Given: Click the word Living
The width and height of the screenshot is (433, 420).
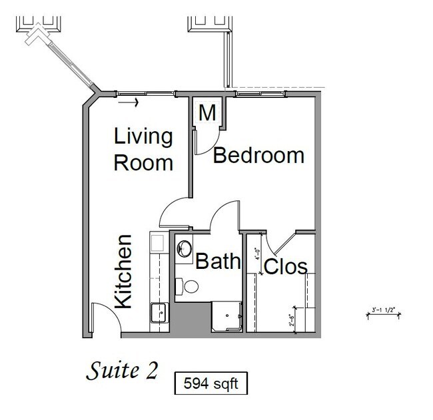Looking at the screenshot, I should click(x=143, y=138).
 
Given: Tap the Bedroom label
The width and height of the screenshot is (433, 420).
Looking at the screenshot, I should click(x=258, y=156).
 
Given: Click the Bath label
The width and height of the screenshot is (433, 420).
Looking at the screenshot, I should click(x=217, y=262).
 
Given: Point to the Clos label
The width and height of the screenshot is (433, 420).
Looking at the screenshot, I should click(x=286, y=267).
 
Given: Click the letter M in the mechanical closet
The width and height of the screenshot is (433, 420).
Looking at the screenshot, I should click(x=208, y=113).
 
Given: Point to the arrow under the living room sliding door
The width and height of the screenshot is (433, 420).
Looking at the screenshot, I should click(x=132, y=103).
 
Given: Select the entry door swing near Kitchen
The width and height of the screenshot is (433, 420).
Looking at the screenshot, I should click(x=105, y=316).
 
